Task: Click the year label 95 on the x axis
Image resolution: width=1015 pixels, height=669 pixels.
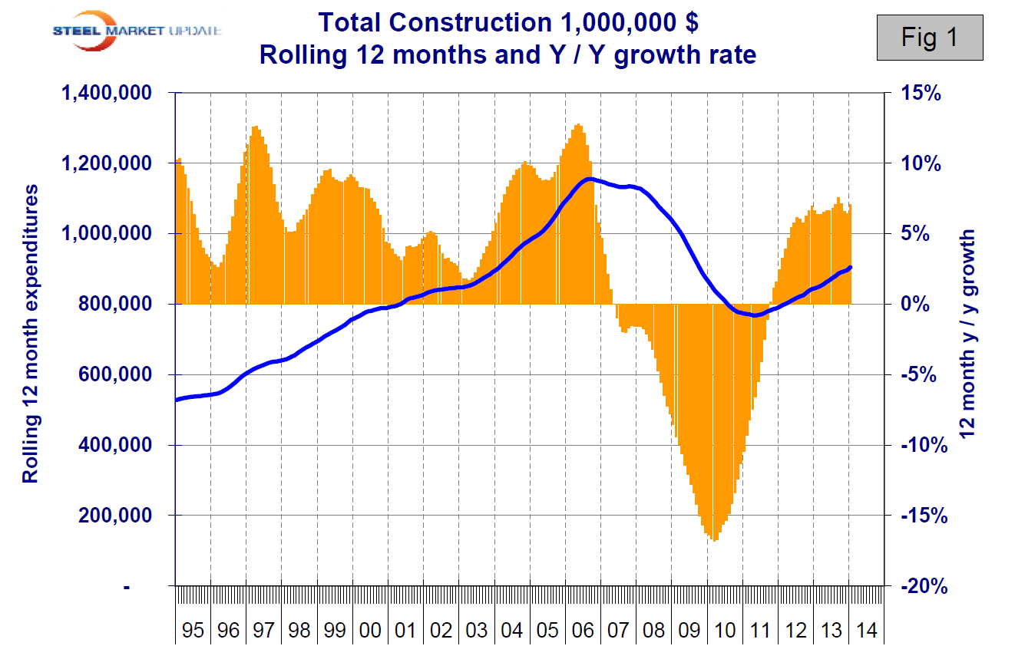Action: (x=193, y=631)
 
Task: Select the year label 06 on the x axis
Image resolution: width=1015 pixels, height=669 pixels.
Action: (x=582, y=631)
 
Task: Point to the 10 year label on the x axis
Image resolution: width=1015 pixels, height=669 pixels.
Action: (x=723, y=631)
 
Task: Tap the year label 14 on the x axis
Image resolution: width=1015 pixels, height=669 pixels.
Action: (x=865, y=631)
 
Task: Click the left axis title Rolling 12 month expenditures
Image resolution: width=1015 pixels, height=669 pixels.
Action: (x=31, y=338)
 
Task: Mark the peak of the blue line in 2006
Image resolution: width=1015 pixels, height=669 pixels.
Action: (x=588, y=179)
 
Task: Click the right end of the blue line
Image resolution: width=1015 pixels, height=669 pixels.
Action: (x=851, y=267)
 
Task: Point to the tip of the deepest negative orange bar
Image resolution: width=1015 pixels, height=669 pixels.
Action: (x=716, y=541)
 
